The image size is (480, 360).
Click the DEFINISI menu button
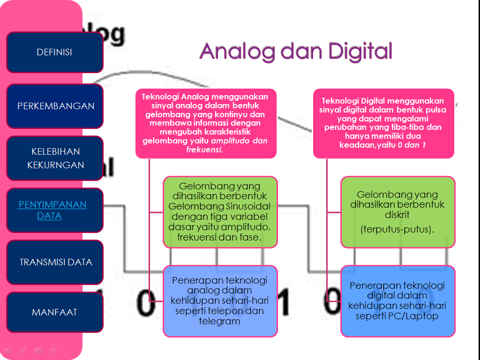[54, 52]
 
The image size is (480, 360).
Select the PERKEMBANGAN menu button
[56, 106]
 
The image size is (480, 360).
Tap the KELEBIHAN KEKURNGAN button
[55, 158]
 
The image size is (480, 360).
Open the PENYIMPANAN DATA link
[52, 210]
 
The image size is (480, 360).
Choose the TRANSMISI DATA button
[56, 262]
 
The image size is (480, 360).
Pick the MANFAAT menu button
[54, 312]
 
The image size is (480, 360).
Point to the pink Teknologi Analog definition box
[206, 123]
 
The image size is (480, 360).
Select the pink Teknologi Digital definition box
[383, 123]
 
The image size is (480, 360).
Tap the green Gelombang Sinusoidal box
[220, 212]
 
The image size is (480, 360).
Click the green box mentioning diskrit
[397, 212]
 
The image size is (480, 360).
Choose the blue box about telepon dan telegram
[220, 300]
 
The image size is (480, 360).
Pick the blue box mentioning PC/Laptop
[397, 300]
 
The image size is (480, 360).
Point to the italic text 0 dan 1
[411, 145]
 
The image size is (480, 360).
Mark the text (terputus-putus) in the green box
[397, 230]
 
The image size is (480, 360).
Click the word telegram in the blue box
[219, 321]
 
